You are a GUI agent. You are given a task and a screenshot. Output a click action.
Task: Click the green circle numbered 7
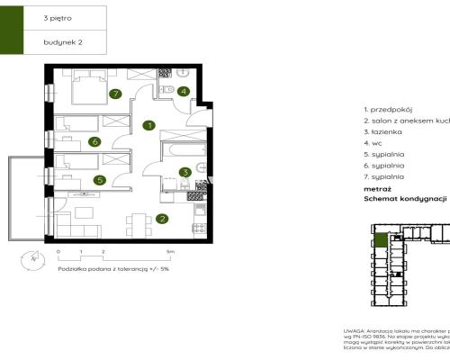tap(114, 93)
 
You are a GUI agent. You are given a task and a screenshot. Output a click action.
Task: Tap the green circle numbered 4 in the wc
tap(184, 91)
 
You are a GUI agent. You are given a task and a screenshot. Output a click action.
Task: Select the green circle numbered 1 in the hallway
tap(149, 125)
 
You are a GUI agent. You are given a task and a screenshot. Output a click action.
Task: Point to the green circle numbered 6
tap(94, 141)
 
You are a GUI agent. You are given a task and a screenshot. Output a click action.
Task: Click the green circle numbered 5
tap(100, 180)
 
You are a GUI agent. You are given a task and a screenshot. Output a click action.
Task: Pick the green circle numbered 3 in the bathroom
tap(184, 172)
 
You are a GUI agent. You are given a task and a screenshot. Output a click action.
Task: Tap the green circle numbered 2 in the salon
tap(162, 218)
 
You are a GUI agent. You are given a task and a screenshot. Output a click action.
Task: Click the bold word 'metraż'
tap(377, 190)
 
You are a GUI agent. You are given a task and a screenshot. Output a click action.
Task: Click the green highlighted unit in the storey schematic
tap(381, 240)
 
